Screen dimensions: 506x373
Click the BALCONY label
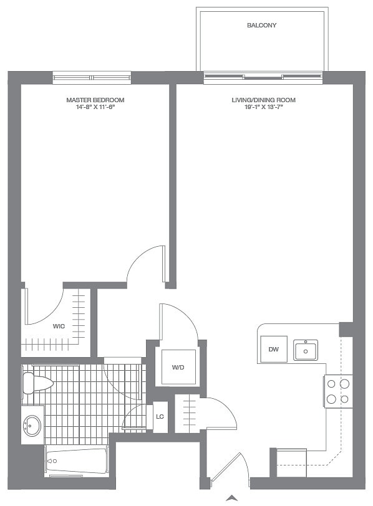[x=261, y=26]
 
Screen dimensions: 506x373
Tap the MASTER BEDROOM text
[x=95, y=100]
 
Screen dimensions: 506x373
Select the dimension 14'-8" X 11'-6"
[x=95, y=108]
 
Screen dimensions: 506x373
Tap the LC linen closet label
[x=160, y=416]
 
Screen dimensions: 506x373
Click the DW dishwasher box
[x=273, y=350]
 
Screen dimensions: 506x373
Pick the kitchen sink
[x=306, y=350]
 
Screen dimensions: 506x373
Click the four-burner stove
[x=338, y=391]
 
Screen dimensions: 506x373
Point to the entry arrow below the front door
[x=231, y=497]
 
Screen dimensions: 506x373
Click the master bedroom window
[x=92, y=78]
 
